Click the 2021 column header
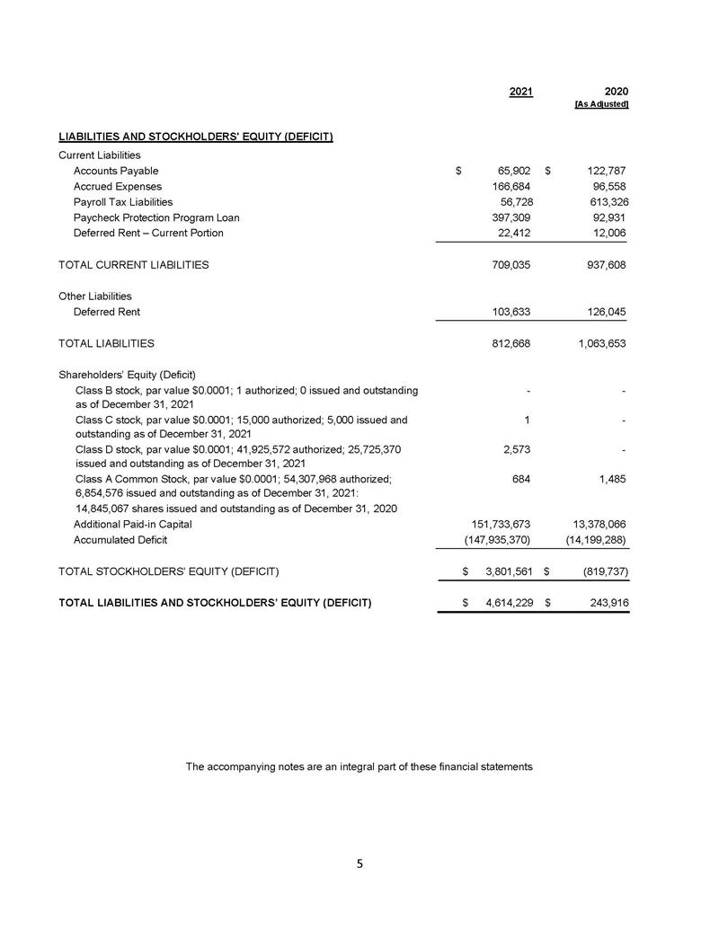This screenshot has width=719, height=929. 520,92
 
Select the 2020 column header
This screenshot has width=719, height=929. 616,92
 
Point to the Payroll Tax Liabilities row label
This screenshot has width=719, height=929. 123,202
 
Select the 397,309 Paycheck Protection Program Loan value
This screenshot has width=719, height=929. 509,217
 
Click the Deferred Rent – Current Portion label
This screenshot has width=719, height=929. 148,234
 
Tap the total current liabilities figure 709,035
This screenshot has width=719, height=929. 509,265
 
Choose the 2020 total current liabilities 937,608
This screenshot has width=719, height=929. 602,265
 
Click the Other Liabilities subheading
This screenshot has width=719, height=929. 95,296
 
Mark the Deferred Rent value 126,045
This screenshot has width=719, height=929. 602,312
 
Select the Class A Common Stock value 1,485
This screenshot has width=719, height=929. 611,480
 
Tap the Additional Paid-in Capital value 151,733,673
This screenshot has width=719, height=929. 496,524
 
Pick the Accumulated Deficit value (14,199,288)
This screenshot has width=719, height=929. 590,540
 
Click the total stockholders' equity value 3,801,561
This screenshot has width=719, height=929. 504,571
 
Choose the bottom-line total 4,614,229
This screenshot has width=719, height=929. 504,603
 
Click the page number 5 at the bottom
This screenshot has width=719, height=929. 359,864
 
